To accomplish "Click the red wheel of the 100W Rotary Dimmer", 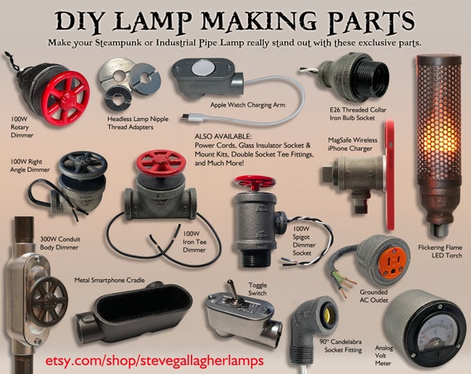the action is click(65, 97).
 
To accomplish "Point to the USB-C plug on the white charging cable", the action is click(188, 118).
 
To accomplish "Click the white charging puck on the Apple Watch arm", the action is click(201, 69).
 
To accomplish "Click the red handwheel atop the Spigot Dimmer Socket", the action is click(255, 182).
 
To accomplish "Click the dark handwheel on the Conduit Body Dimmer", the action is click(49, 301).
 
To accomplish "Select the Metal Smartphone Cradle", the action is click(134, 312).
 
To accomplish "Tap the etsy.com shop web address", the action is click(155, 361).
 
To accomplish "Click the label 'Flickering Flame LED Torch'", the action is click(440, 251).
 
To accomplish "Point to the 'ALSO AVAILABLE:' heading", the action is click(222, 136).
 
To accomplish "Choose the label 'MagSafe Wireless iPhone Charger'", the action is click(352, 144).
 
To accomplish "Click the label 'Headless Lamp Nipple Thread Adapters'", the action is click(138, 123).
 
